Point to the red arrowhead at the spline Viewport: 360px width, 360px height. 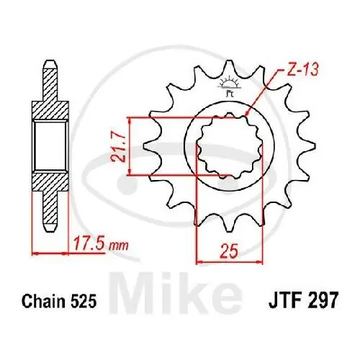247,114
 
